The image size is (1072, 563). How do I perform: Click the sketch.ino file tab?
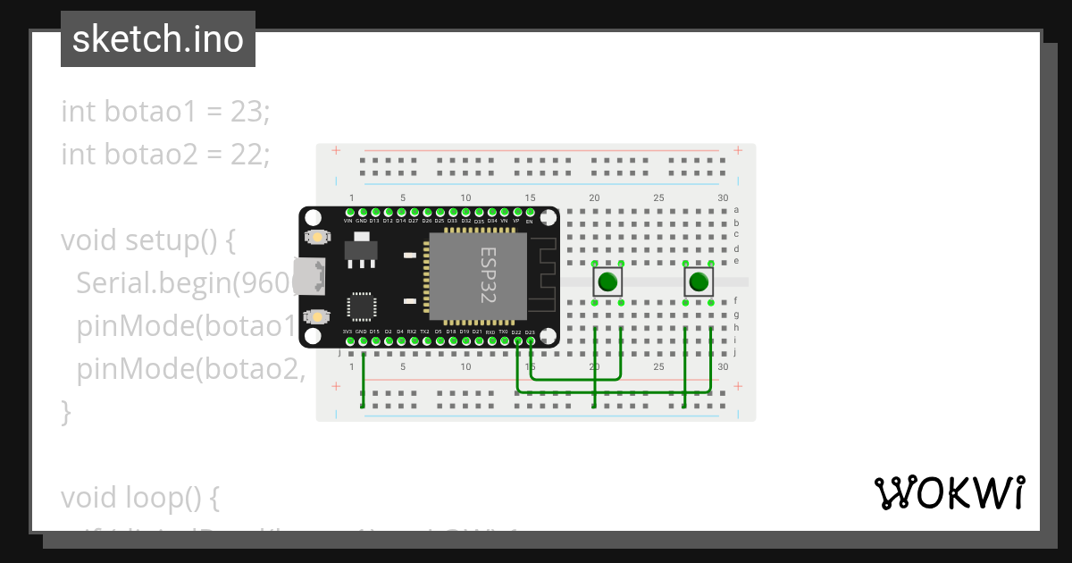[157, 39]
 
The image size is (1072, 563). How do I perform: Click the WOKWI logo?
[949, 492]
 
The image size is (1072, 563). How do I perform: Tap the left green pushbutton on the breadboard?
[607, 283]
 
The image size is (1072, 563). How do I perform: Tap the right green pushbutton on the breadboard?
[698, 283]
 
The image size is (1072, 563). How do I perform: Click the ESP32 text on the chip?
[488, 275]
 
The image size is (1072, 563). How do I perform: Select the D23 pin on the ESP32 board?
[531, 340]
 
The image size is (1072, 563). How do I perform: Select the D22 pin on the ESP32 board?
[516, 340]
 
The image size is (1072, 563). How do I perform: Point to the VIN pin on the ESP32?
[348, 213]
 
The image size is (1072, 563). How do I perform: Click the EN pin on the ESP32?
[530, 213]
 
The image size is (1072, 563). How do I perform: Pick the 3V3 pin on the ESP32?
[348, 340]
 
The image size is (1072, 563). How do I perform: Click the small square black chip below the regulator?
[362, 306]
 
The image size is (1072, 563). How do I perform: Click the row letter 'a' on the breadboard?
[736, 210]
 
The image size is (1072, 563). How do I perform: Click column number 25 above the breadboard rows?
[658, 198]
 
